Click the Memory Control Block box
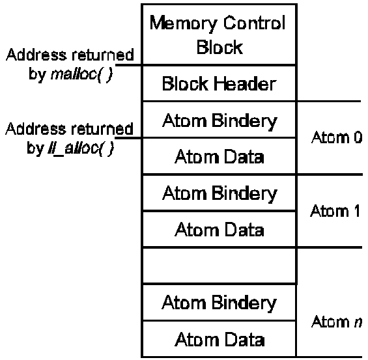click(x=219, y=35)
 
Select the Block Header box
click(x=219, y=83)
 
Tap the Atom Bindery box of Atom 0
click(x=219, y=120)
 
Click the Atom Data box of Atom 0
click(x=219, y=156)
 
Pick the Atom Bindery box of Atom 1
click(x=219, y=193)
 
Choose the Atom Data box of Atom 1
click(x=219, y=229)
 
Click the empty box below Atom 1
click(x=219, y=266)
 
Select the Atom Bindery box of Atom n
click(x=219, y=302)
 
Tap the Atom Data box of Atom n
click(x=219, y=339)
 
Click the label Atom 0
click(x=337, y=137)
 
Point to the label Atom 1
click(x=335, y=211)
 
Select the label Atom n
click(x=337, y=322)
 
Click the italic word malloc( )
click(x=81, y=75)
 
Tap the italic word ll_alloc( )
click(x=81, y=148)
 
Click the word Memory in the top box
click(x=183, y=23)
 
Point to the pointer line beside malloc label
click(x=129, y=65)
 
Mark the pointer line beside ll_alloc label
click(x=128, y=137)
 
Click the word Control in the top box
click(x=254, y=23)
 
